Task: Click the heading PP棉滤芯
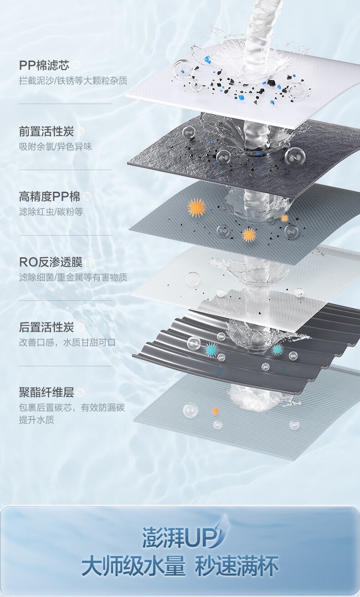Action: coord(44,65)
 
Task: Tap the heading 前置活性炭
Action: coord(46,132)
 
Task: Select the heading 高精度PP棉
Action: coord(50,197)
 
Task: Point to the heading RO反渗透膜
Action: coord(51,262)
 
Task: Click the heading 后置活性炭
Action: coord(46,327)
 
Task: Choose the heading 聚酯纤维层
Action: coord(46,393)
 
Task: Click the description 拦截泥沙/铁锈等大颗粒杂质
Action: coord(73,81)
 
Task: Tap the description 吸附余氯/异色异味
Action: coord(56,147)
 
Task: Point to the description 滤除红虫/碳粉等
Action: coord(51,212)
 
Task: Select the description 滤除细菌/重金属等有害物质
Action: coord(73,277)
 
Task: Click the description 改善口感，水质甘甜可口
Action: coord(67,342)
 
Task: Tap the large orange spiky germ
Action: coord(196,208)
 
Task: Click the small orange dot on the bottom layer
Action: coord(216,411)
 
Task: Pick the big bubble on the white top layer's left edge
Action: coord(183,69)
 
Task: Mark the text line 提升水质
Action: coord(36,420)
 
